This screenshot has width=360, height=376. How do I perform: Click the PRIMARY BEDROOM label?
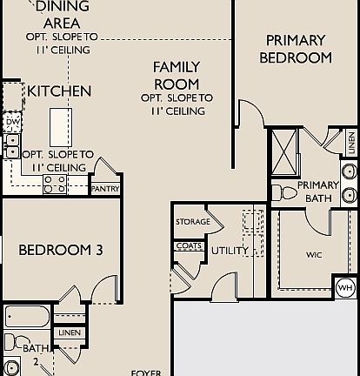(x=296, y=49)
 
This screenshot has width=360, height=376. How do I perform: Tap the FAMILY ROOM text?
(x=177, y=75)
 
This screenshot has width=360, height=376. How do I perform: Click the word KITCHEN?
(x=59, y=91)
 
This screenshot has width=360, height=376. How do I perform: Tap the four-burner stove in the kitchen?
(x=55, y=184)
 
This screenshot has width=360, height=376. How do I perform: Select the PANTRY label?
(x=104, y=187)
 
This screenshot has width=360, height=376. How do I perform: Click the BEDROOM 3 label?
(x=61, y=251)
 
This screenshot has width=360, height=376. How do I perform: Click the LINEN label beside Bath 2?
(x=69, y=333)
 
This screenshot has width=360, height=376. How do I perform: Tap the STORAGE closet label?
(x=192, y=222)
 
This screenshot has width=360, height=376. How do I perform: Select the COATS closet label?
(x=189, y=245)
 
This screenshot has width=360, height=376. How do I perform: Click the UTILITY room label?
(x=230, y=251)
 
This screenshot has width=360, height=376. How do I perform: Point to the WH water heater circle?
(x=345, y=287)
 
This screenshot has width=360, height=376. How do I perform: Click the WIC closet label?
(x=315, y=256)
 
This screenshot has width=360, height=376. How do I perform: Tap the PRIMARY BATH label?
(x=318, y=191)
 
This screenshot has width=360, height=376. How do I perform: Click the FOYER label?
(x=145, y=372)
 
